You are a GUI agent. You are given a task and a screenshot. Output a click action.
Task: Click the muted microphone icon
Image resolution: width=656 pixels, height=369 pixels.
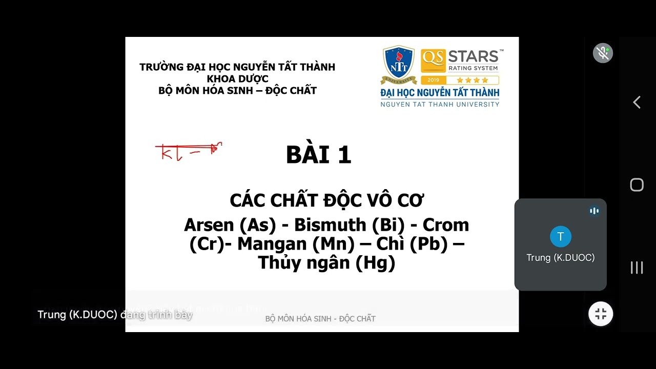pyautogui.click(x=603, y=53)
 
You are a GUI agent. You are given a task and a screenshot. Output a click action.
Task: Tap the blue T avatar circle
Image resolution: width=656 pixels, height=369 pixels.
pyautogui.click(x=560, y=236)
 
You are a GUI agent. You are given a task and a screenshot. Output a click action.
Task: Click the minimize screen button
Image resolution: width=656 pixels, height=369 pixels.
pyautogui.click(x=601, y=314)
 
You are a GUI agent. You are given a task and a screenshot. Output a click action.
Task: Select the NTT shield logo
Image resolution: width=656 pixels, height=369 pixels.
pyautogui.click(x=399, y=65)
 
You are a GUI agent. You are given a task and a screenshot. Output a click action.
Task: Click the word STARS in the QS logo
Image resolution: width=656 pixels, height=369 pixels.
pyautogui.click(x=473, y=56)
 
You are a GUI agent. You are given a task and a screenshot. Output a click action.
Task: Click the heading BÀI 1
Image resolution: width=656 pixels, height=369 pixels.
pyautogui.click(x=318, y=155)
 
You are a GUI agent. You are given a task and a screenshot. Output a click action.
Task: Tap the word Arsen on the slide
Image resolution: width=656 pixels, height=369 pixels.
pyautogui.click(x=209, y=225)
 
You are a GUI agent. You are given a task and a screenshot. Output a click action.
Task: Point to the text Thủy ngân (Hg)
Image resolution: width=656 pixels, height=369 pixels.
pyautogui.click(x=326, y=262)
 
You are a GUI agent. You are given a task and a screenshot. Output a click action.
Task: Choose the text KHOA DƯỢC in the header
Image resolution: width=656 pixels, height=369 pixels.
pyautogui.click(x=237, y=79)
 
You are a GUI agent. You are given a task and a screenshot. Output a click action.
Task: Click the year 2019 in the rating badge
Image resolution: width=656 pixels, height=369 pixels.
pyautogui.click(x=433, y=80)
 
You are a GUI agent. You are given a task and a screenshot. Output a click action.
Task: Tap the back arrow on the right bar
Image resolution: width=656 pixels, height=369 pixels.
pyautogui.click(x=637, y=102)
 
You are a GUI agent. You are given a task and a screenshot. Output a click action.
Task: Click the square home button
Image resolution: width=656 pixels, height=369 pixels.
pyautogui.click(x=637, y=185)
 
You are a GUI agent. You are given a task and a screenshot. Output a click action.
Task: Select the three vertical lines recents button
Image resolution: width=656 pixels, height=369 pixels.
pyautogui.click(x=637, y=268)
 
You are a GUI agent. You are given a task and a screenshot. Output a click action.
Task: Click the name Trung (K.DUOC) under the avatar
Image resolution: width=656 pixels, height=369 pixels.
pyautogui.click(x=560, y=258)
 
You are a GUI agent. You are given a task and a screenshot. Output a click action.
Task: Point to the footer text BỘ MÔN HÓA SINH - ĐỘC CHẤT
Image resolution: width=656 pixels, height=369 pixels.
pyautogui.click(x=320, y=319)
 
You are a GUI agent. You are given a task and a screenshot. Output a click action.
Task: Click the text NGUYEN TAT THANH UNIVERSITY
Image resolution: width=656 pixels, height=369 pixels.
pyautogui.click(x=439, y=105)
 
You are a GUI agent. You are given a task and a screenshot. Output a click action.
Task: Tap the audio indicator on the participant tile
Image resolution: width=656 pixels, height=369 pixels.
pyautogui.click(x=594, y=211)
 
